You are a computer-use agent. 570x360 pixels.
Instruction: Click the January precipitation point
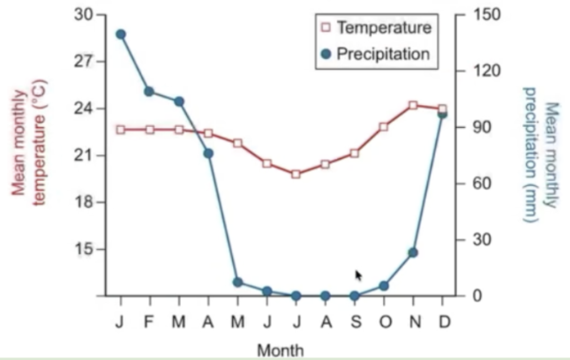121,34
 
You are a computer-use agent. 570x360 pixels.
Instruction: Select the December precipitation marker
442,114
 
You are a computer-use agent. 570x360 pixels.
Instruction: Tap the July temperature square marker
296,174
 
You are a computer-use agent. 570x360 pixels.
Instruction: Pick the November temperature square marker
413,105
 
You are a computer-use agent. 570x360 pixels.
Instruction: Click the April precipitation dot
208,154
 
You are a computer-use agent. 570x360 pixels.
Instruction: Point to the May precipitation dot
237,282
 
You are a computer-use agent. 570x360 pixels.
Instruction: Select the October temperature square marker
384,127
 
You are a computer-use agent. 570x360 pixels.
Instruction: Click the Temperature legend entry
376,28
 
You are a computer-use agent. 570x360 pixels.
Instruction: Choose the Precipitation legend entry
376,54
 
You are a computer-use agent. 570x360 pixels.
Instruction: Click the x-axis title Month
281,349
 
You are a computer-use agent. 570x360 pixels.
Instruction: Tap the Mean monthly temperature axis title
28,146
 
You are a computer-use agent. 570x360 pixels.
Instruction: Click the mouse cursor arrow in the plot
358,275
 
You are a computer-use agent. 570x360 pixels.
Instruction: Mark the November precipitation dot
413,252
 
